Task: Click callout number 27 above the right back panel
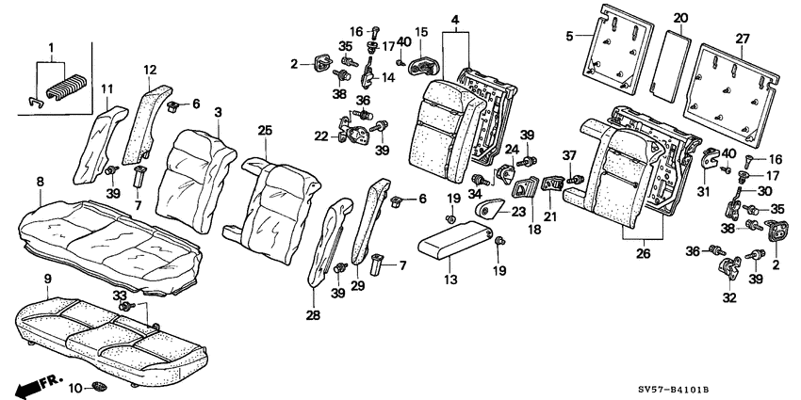click(x=742, y=39)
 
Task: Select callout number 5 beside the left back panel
click(x=568, y=36)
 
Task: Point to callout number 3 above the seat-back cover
click(x=217, y=113)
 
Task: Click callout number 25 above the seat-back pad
click(x=265, y=130)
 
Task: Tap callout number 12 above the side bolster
click(x=151, y=69)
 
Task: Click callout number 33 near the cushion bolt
click(x=120, y=296)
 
